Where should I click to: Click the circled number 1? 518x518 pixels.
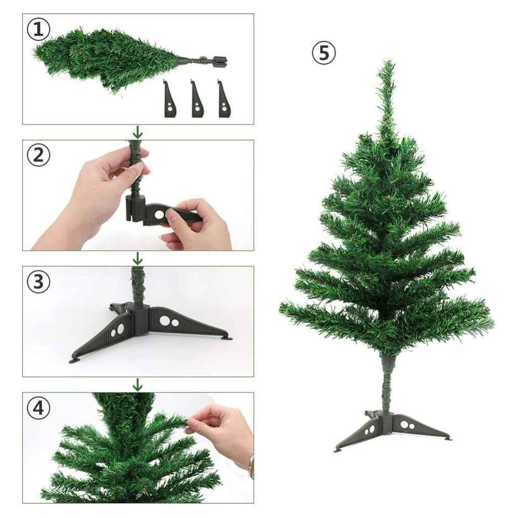(x=38, y=29)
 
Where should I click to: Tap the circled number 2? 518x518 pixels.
(x=38, y=155)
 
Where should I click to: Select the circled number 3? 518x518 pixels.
(x=38, y=282)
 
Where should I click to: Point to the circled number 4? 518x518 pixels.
(x=38, y=409)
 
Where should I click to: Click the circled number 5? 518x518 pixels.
(x=323, y=53)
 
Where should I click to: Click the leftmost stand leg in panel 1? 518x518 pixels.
(x=170, y=100)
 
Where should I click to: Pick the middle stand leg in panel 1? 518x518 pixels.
(x=196, y=100)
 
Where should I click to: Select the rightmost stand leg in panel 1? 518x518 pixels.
(x=223, y=100)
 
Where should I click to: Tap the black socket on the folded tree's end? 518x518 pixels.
(x=219, y=61)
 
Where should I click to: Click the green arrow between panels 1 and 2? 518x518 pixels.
(x=138, y=132)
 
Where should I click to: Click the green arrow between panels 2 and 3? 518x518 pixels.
(x=138, y=258)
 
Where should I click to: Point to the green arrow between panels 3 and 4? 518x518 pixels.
(x=138, y=385)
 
